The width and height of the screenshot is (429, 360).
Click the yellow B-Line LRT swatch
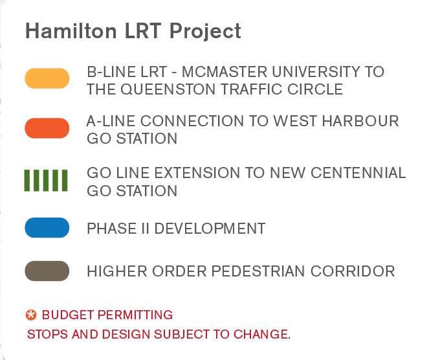coord(47,78)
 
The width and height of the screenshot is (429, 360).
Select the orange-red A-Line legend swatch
coord(47,128)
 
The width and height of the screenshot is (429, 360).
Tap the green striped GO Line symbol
coord(46,181)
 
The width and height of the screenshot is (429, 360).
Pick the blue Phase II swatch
coord(47,227)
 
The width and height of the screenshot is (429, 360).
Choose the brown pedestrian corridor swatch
coord(47,271)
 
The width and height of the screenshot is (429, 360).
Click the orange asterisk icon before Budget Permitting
coord(31,315)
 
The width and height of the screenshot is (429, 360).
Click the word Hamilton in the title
coord(71,30)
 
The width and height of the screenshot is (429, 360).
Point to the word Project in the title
coord(205,31)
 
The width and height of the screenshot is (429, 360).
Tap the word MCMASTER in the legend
coord(225,72)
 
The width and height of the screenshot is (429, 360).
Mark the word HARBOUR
coord(360,121)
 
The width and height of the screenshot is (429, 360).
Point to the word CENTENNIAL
coord(358,173)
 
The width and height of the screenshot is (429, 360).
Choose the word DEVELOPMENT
coord(210,229)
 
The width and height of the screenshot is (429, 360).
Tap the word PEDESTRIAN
coord(258,271)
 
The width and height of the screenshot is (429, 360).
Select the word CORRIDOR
coord(353,271)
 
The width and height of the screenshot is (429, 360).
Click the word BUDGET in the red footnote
coord(68,315)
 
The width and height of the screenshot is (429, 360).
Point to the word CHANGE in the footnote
coord(262,334)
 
